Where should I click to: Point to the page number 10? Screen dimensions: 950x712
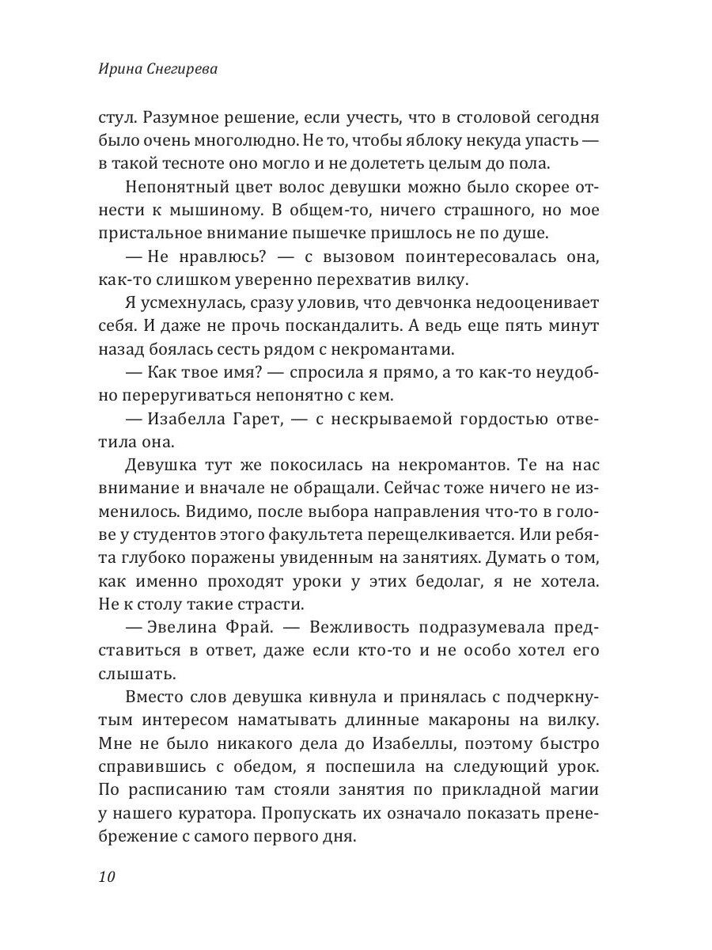pyautogui.click(x=108, y=876)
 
